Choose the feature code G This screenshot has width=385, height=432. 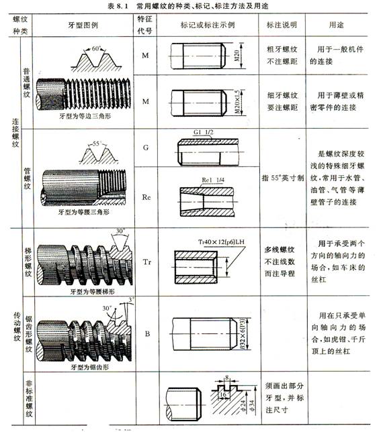pyautogui.click(x=145, y=146)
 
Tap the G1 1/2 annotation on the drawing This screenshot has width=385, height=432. pyautogui.click(x=204, y=134)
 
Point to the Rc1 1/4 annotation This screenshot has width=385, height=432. pyautogui.click(x=215, y=181)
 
